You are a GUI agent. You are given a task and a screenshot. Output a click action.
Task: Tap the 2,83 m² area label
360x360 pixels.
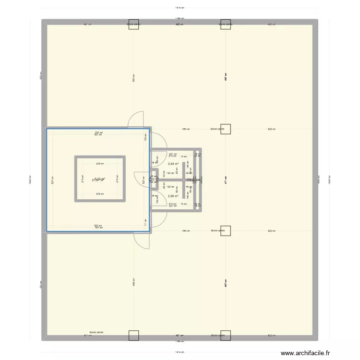point(173,164)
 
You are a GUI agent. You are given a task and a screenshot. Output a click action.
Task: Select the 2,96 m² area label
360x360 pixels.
point(173,196)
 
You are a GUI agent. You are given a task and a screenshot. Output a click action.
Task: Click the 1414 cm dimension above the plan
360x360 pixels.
point(180,8)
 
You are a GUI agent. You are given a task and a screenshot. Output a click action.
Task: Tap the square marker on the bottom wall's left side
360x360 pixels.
point(133,336)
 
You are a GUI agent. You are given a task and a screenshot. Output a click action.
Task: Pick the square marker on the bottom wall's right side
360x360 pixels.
point(226,336)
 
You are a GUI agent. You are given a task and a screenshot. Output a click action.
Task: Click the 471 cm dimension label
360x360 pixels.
point(225,181)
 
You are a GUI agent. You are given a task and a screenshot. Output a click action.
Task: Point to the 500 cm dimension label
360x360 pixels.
point(133,80)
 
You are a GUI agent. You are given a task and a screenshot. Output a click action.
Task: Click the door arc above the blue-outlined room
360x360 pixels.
point(136,119)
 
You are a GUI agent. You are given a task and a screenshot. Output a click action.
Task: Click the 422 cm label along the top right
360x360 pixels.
point(271,24)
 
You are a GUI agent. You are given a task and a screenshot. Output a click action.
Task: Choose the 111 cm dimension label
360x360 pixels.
point(145,222)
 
